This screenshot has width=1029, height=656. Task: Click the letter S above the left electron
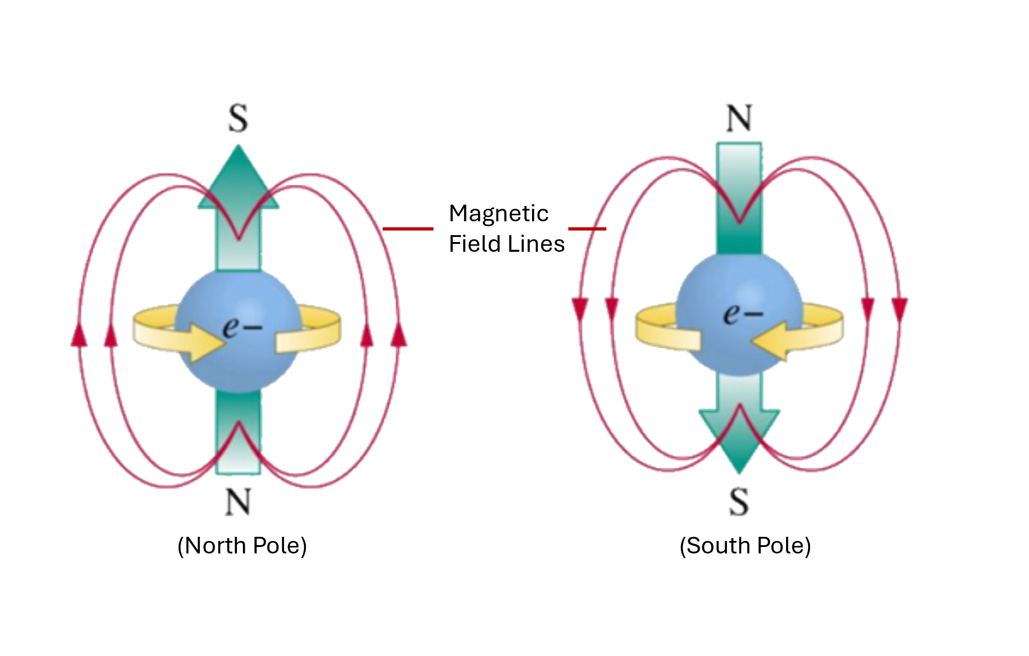(x=238, y=119)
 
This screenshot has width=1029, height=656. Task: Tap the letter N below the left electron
(x=238, y=502)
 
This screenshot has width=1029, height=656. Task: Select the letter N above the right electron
(x=739, y=119)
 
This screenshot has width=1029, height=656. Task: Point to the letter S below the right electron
(x=739, y=502)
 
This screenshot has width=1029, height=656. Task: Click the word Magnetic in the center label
(x=498, y=214)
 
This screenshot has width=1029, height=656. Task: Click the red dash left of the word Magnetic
(x=408, y=229)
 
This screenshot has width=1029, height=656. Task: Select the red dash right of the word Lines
(x=587, y=229)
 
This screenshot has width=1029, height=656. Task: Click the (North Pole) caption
(x=242, y=546)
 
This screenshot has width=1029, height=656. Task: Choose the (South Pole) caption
(x=745, y=546)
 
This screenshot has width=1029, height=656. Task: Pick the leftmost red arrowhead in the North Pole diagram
(x=79, y=335)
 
